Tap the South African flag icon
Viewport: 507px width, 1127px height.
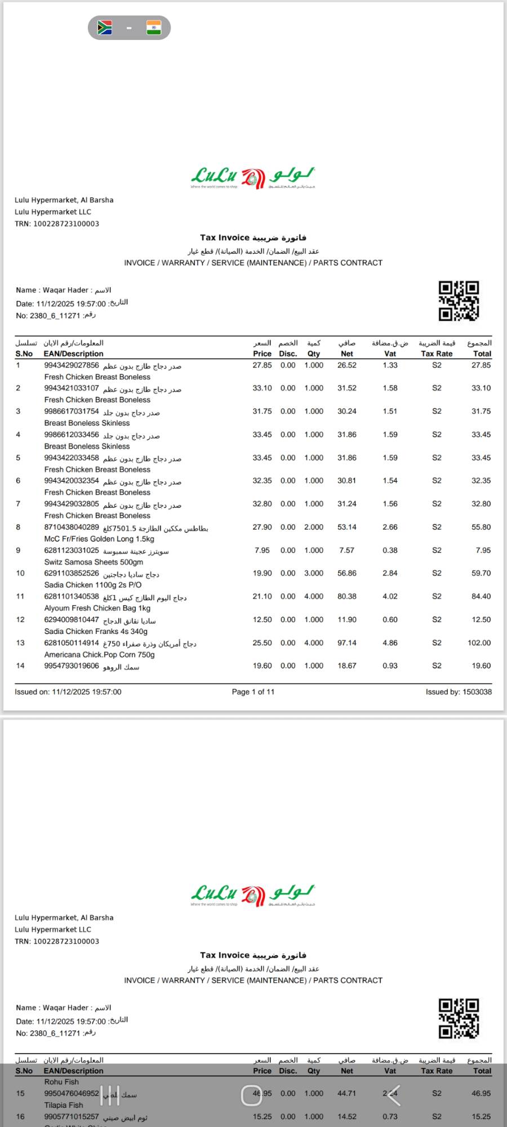click(x=105, y=28)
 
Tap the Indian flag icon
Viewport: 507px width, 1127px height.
click(x=153, y=28)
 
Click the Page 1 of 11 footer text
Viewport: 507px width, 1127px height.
click(x=253, y=691)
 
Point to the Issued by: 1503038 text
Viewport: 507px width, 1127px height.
click(x=459, y=691)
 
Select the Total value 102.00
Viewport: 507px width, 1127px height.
click(x=479, y=642)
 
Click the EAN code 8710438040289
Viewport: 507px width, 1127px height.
click(x=72, y=527)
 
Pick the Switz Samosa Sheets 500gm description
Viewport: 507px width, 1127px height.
click(x=94, y=562)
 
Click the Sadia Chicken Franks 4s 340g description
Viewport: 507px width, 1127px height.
click(x=96, y=631)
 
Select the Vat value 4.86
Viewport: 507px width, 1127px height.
click(x=390, y=642)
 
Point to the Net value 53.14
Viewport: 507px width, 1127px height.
click(x=346, y=527)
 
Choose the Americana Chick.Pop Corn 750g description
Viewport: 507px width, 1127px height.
click(x=99, y=654)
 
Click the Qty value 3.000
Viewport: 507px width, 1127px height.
click(x=314, y=573)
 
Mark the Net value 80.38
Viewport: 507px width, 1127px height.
click(x=346, y=596)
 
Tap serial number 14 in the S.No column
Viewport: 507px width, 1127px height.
click(x=20, y=665)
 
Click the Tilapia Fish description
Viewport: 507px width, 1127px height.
click(x=64, y=1105)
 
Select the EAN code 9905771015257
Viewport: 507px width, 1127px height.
click(x=72, y=1116)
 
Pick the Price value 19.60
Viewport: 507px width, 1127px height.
click(x=262, y=665)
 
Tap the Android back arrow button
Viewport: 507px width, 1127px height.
click(x=394, y=1095)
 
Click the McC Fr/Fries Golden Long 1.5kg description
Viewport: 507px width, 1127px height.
click(x=99, y=539)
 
